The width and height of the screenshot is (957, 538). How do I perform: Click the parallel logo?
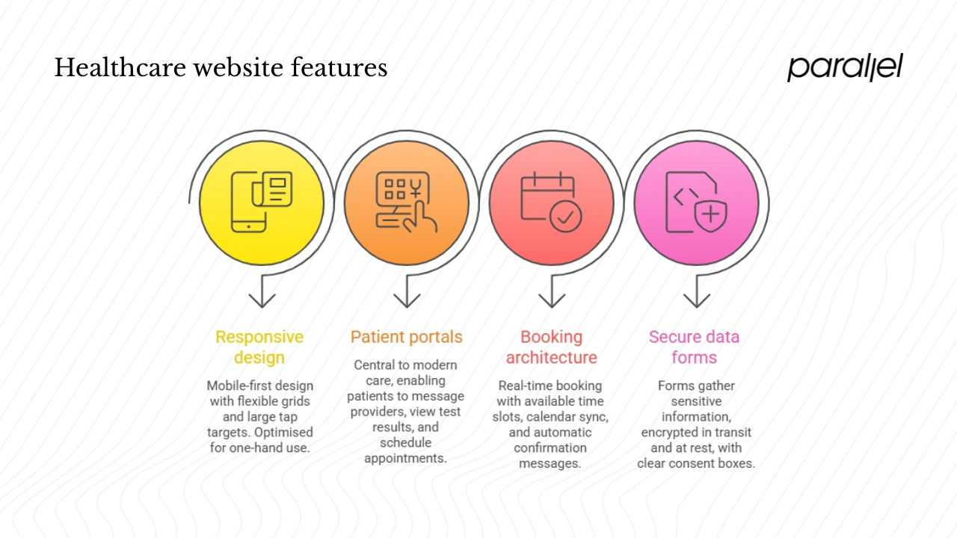tap(845, 67)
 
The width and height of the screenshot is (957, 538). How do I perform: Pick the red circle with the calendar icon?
tap(551, 202)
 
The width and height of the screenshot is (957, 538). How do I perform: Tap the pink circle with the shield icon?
tap(696, 202)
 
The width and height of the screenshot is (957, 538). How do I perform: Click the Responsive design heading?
tap(259, 347)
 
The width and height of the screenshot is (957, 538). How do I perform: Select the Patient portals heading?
tap(406, 337)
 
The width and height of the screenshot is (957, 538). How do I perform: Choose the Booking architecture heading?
tap(551, 347)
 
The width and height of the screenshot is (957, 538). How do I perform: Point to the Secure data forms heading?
tap(694, 347)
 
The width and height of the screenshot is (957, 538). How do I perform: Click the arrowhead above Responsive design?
tap(262, 300)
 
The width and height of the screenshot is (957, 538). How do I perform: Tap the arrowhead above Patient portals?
tap(407, 300)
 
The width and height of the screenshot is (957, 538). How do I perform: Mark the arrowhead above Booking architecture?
tap(552, 300)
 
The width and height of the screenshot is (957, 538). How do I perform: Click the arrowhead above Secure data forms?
tap(697, 300)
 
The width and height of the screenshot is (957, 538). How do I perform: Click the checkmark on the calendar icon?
tap(566, 217)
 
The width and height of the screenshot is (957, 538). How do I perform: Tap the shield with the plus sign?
tap(711, 216)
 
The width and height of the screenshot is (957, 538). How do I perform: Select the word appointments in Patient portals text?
tap(405, 458)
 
